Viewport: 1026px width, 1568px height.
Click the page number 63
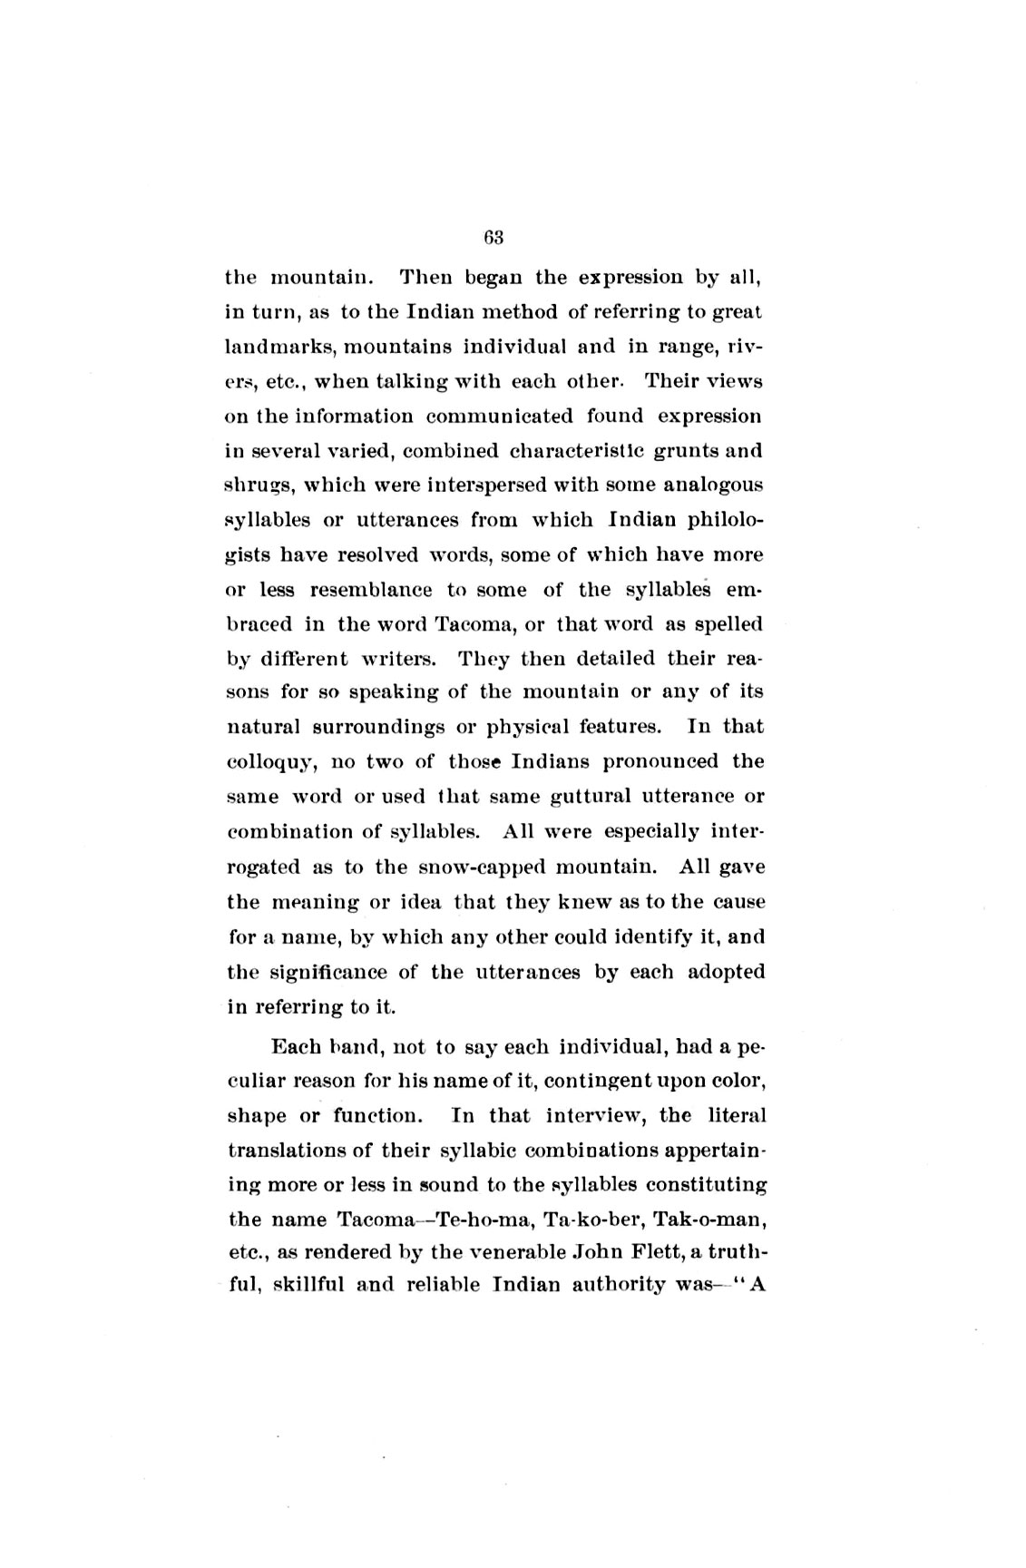tap(493, 239)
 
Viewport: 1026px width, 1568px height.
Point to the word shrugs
tap(258, 486)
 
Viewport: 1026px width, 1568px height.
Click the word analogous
tap(713, 485)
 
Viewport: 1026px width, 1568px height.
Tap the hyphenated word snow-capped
tap(483, 867)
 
